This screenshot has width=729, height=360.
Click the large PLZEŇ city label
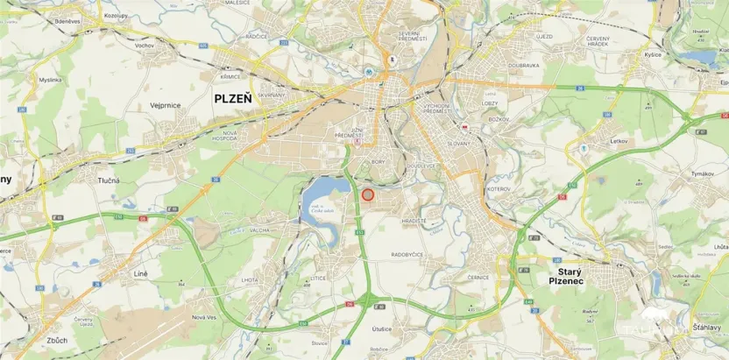click(233, 99)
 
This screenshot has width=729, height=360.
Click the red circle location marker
click(368, 194)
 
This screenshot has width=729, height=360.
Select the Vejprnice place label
click(166, 105)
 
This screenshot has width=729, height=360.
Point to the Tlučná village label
click(109, 180)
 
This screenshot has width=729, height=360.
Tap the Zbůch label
click(34, 339)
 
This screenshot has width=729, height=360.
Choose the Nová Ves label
click(203, 317)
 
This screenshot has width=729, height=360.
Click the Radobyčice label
click(408, 255)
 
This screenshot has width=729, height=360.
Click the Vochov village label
click(145, 45)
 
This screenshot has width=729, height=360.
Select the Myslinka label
click(50, 79)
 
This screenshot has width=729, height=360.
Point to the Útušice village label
click(381, 328)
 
